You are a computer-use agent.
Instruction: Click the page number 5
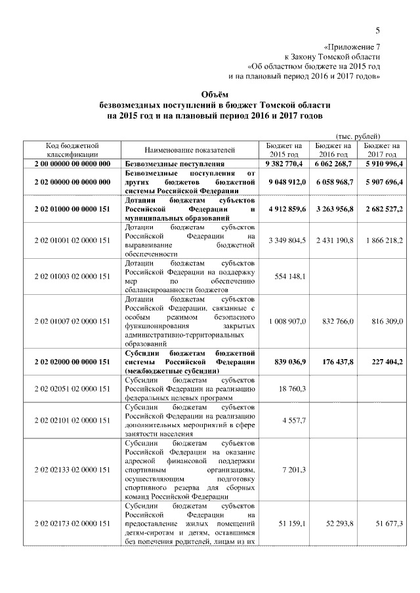(378, 30)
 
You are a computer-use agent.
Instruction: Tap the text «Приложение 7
(352, 47)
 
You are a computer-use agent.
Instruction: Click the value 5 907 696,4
(383, 182)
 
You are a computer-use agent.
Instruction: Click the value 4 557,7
(294, 420)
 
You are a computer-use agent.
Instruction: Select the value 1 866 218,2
(383, 241)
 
